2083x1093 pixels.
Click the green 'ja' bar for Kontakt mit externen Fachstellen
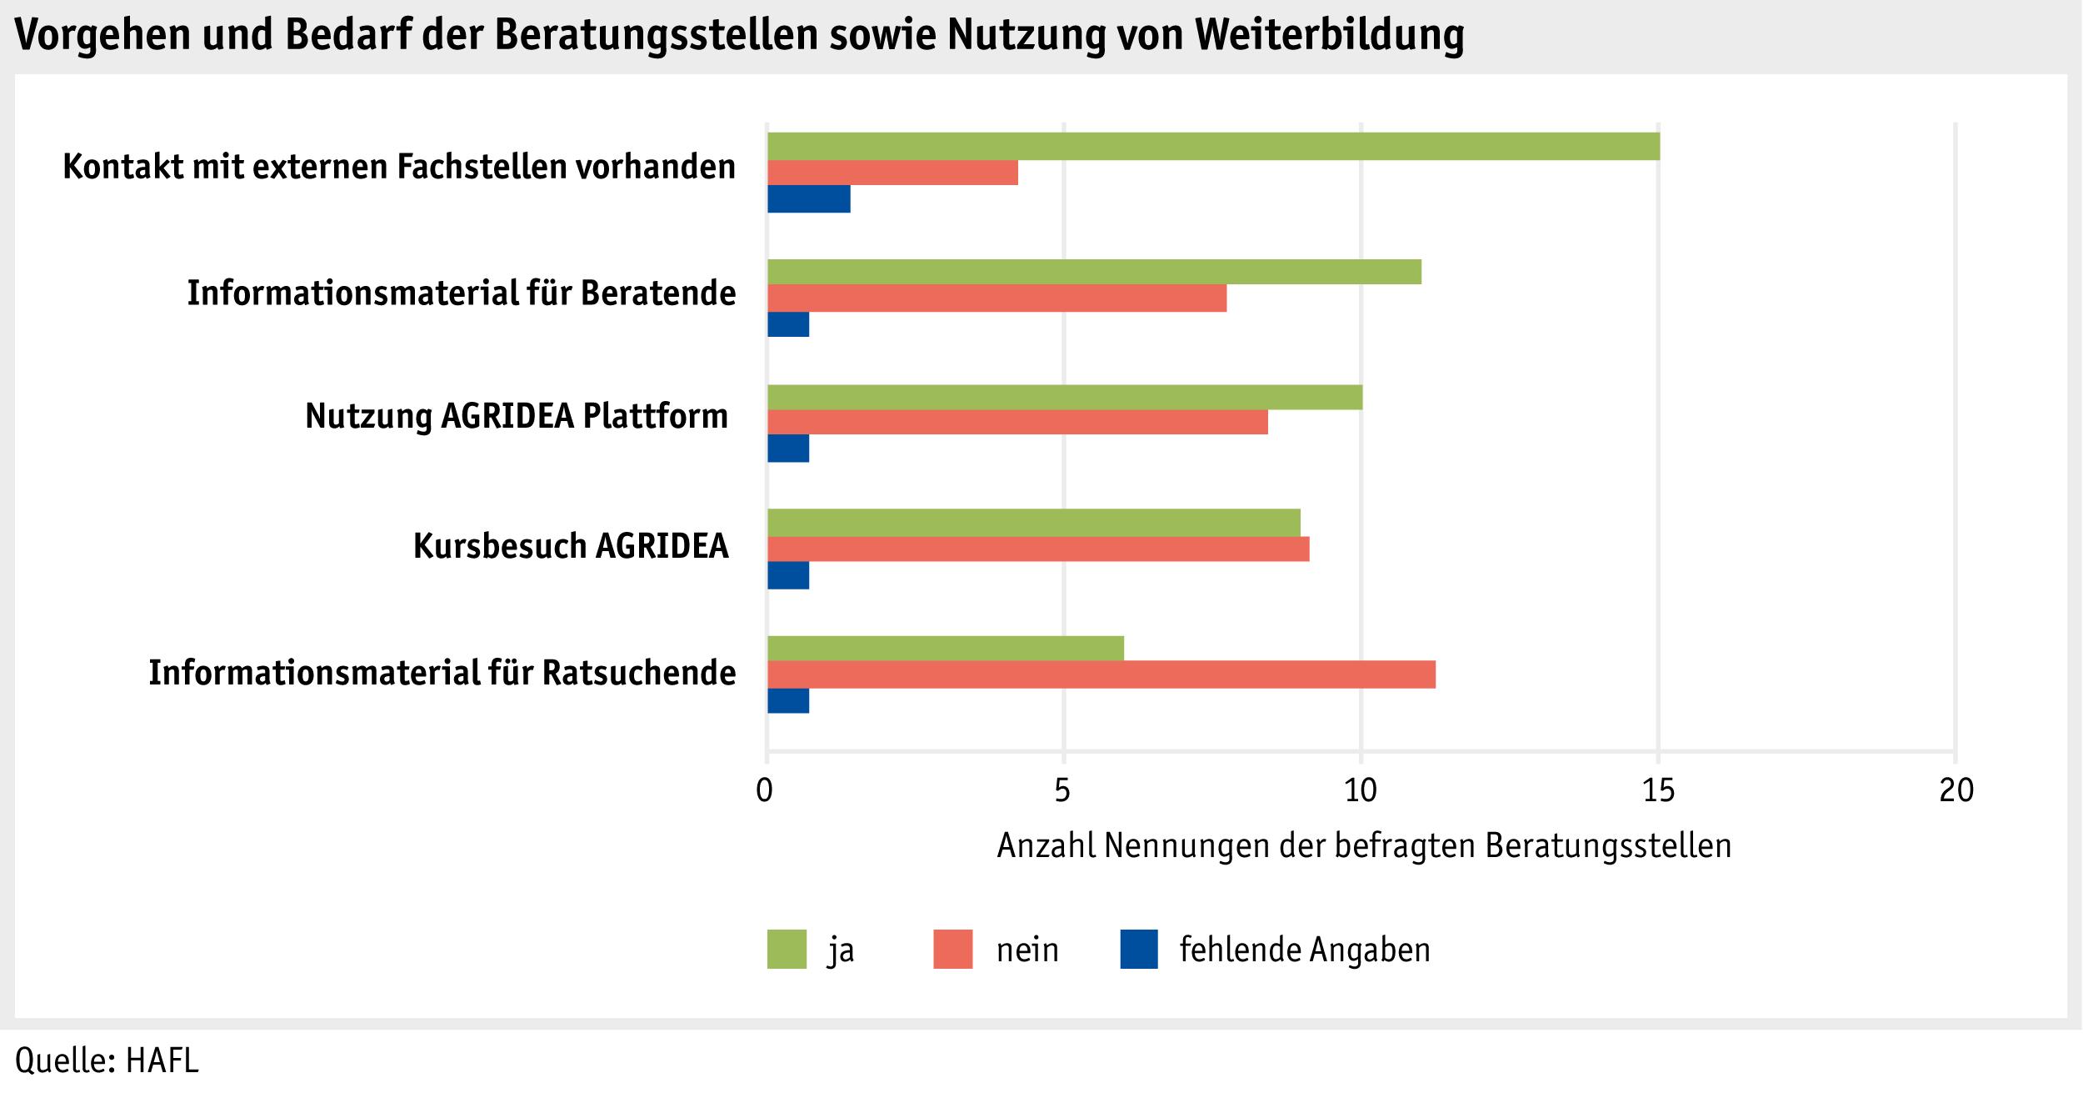tap(1213, 147)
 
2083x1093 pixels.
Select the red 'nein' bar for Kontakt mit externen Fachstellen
tap(892, 173)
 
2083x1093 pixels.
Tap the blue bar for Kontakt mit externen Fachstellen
tap(809, 199)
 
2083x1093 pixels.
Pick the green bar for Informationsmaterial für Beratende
tap(1094, 272)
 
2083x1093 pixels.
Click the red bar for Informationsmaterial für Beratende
tap(997, 298)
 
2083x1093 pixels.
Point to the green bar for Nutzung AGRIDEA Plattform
tap(1065, 397)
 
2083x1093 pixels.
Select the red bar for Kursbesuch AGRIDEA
tap(1038, 549)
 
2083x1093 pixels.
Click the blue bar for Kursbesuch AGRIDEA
tap(788, 575)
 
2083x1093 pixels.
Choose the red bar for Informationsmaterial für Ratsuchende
tap(1101, 674)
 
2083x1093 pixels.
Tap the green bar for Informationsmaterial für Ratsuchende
tap(946, 648)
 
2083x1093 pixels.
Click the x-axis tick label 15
tap(1658, 790)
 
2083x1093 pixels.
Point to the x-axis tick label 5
tap(1063, 790)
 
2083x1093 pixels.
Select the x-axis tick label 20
tap(1956, 790)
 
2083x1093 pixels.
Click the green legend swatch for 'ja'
tap(787, 949)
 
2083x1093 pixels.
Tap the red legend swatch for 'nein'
tap(953, 949)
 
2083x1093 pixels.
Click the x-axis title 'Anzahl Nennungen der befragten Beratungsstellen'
tap(1364, 846)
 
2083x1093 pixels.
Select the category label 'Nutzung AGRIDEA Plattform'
tap(517, 415)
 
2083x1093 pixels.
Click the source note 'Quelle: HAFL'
tap(107, 1060)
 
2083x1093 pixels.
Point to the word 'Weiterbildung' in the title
tap(1328, 36)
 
